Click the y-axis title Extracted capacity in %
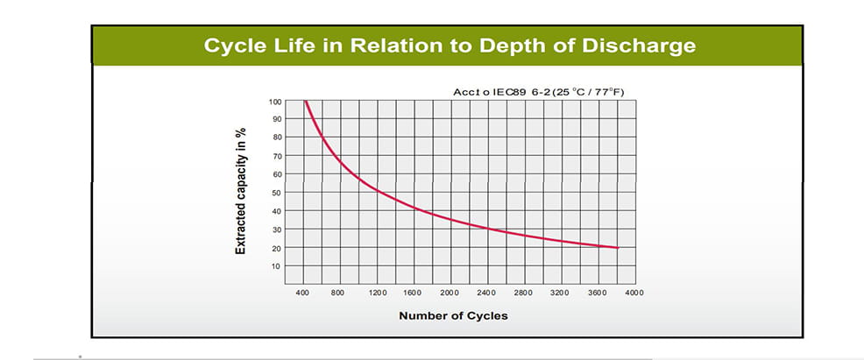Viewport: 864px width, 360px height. coord(240,191)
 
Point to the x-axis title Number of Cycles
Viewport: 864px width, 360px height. coord(453,315)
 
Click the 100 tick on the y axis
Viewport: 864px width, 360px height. coord(276,101)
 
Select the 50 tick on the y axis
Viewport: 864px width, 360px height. coord(278,192)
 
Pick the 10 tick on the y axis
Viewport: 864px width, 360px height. coord(278,265)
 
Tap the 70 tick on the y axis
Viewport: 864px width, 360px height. coord(278,156)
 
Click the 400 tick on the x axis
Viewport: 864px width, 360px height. coord(303,293)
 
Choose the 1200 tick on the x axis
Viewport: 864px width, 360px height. coord(377,293)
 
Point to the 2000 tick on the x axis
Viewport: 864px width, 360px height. coord(450,293)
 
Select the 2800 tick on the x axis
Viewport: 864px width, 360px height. coord(524,293)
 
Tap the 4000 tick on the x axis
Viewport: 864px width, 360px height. coord(634,293)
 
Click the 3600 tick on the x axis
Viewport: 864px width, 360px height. coord(598,293)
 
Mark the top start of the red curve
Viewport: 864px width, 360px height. coord(305,101)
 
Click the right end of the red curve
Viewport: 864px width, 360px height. coord(618,248)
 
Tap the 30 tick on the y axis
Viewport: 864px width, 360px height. coord(278,229)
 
